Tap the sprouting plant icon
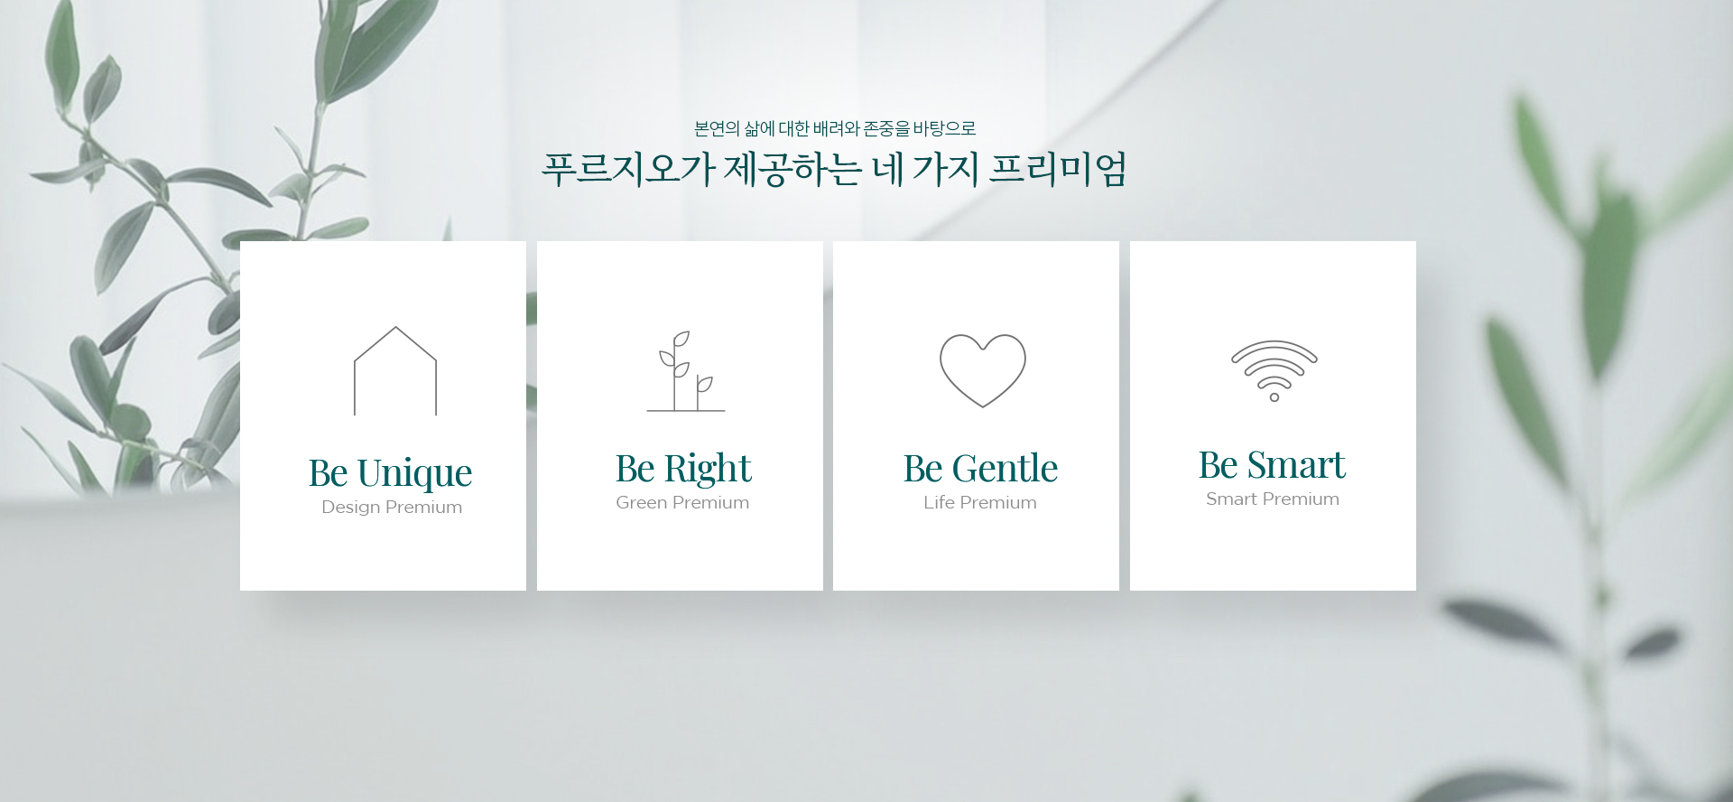pos(675,379)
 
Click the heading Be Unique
pos(390,473)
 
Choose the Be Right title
pos(683,469)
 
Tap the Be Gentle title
pos(980,469)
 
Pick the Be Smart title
pos(1272,465)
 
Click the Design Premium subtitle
pos(392,507)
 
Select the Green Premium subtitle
pos(682,502)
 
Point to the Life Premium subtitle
pos(980,502)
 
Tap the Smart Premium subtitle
pos(1273,499)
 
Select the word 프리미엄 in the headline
pos(1058,169)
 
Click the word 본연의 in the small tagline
pos(717,128)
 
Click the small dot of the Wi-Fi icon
pos(1274,397)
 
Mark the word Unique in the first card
pos(414,473)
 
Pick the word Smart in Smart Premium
pos(1230,499)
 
